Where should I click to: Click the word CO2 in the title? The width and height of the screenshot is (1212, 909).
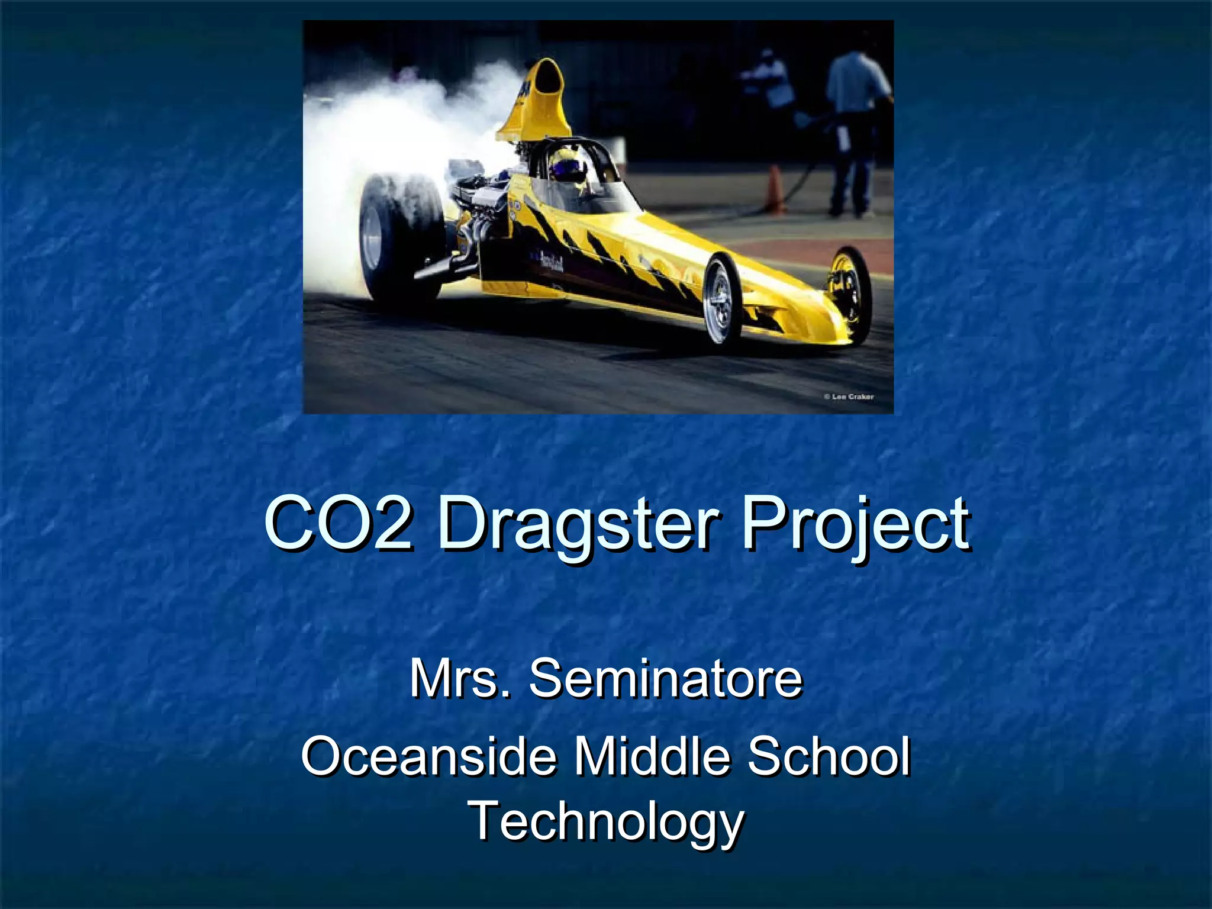click(x=338, y=524)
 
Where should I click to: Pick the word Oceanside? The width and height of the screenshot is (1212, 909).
click(x=429, y=756)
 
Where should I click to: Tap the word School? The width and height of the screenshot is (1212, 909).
click(x=829, y=756)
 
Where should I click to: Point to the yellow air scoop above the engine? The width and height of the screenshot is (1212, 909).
click(x=536, y=101)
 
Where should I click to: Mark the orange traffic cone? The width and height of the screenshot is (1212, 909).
click(x=775, y=189)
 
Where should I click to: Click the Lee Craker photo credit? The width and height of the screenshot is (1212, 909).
click(x=849, y=397)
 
